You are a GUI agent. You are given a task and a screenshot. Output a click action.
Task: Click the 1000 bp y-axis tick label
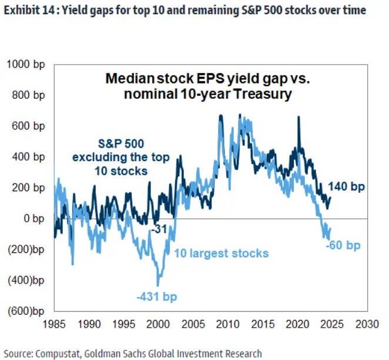click(25, 64)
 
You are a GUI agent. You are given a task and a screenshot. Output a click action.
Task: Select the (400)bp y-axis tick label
click(25, 280)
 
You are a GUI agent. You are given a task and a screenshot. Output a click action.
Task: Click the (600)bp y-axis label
click(25, 311)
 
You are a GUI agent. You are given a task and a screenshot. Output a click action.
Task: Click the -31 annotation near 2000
click(157, 228)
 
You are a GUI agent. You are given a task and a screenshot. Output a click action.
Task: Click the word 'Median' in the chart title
click(130, 79)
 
